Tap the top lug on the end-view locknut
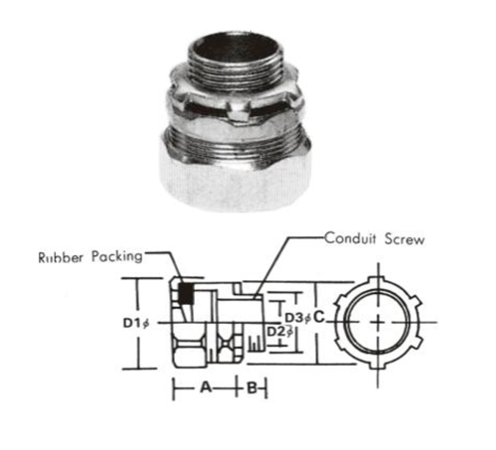click(x=382, y=268)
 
